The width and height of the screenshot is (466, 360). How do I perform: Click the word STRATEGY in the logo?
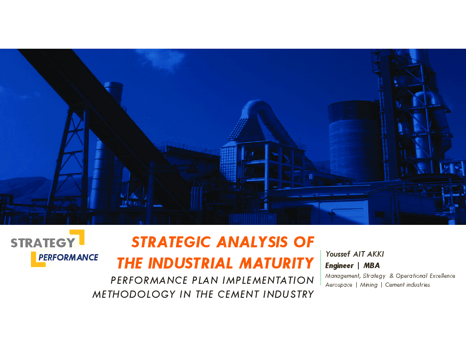(43, 243)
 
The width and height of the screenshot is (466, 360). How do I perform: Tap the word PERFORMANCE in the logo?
(68, 257)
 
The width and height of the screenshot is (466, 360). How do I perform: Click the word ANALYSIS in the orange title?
(252, 242)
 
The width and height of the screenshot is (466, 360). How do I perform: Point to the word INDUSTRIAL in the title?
(191, 263)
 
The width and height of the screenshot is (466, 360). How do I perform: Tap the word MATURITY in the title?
(277, 263)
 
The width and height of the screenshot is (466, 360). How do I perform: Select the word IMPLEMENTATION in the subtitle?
(268, 280)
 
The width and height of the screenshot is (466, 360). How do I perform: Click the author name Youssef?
(338, 254)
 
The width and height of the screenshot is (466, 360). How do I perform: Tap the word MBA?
(372, 265)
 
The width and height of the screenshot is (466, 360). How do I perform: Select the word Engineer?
(339, 266)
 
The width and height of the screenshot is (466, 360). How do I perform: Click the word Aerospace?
(339, 285)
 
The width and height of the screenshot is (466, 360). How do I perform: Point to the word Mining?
(369, 285)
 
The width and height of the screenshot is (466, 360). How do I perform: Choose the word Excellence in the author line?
(442, 276)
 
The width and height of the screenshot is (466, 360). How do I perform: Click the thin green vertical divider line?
(321, 267)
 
